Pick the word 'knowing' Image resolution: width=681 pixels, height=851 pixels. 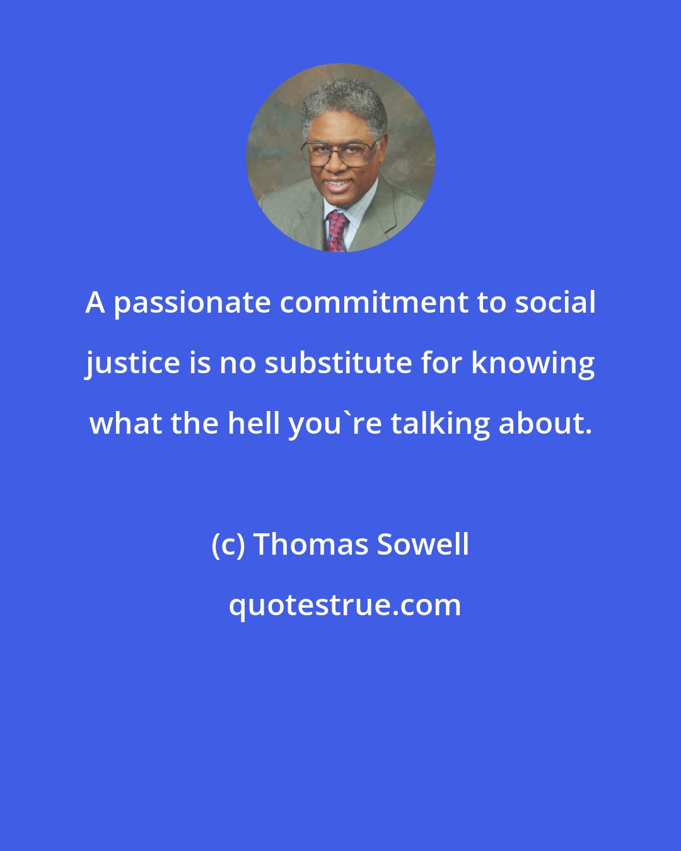coord(533,364)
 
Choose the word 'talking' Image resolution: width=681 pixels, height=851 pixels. coord(440,424)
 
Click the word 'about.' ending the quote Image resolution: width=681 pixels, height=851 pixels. coord(545,424)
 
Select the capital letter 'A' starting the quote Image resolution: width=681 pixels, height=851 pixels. coord(95,303)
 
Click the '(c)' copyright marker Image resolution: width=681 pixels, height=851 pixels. coord(228,545)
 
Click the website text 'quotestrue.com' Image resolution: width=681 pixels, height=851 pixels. coord(344,605)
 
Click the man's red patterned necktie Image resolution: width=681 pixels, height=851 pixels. coord(335,231)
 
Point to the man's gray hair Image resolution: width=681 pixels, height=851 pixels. coord(344,101)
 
